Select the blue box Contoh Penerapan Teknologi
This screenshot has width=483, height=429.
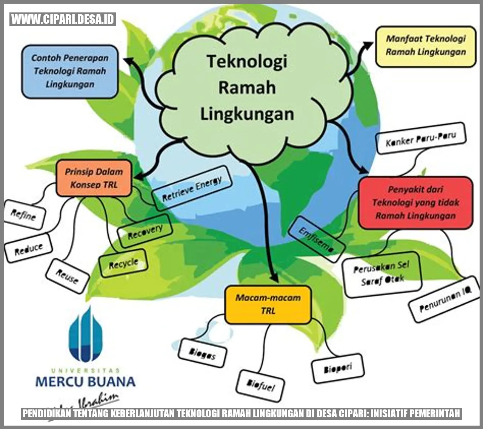point(70,71)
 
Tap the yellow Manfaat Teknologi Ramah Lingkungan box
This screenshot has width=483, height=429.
point(426,46)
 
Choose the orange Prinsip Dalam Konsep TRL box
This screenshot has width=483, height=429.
point(94,178)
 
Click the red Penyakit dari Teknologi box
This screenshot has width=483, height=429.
point(415,203)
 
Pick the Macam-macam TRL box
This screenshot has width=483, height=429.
point(268,304)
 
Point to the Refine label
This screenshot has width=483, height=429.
point(24,215)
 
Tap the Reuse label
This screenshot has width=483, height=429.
point(67,276)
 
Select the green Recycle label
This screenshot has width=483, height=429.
point(123,263)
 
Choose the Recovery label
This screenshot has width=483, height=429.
point(145,231)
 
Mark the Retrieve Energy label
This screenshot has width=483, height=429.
point(192,189)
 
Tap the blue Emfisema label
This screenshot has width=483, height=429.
point(316,240)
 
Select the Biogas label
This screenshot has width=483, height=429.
point(203,353)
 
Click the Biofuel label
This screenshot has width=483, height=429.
point(260,385)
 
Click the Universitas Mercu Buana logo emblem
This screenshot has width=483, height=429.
point(86,334)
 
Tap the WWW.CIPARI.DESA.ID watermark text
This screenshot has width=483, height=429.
point(63,19)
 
